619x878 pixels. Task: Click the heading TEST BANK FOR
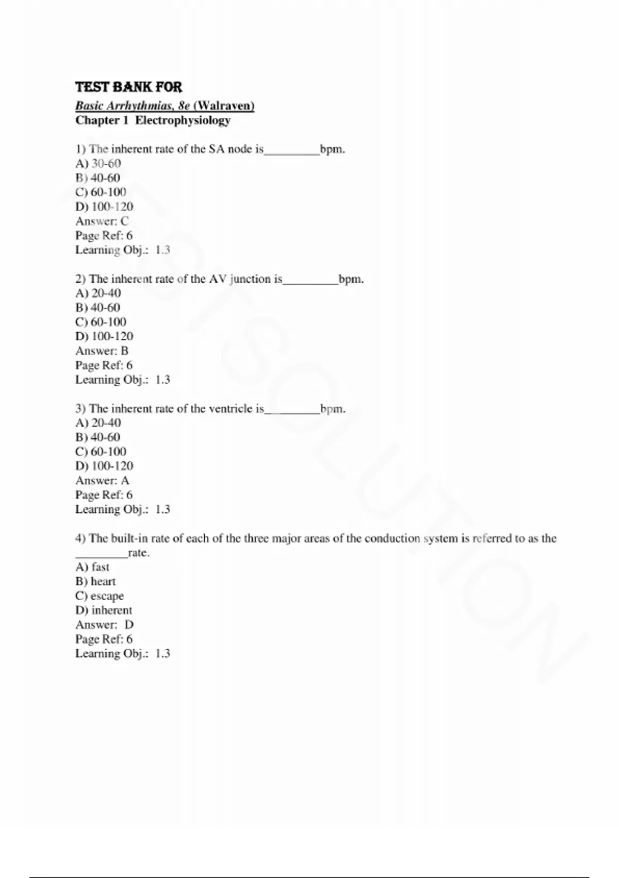[128, 87]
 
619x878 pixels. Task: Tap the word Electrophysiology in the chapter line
[183, 120]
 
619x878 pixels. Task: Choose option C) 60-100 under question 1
[101, 192]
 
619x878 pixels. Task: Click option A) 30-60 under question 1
[98, 164]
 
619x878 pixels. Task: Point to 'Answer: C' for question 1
[102, 221]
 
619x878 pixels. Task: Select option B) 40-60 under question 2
[98, 308]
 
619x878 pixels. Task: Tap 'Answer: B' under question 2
[102, 351]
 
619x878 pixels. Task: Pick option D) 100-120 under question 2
[104, 336]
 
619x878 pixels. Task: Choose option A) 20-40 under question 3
[98, 423]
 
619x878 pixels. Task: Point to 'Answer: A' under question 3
[102, 480]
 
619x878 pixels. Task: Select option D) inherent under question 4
[104, 610]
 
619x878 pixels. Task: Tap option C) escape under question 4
[100, 596]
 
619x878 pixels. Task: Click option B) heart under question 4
[95, 582]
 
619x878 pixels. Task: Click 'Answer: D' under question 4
[104, 624]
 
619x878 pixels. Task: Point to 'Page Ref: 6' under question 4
[104, 639]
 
